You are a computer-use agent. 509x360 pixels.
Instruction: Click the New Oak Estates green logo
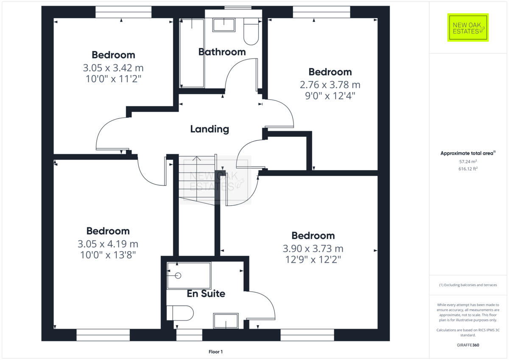(468, 28)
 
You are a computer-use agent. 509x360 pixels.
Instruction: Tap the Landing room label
(210, 129)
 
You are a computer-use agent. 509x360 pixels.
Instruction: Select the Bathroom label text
(222, 52)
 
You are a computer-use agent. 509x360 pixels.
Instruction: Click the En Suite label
(206, 293)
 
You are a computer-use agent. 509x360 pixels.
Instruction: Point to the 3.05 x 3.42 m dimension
(113, 67)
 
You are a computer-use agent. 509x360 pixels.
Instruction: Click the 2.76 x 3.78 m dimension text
(330, 84)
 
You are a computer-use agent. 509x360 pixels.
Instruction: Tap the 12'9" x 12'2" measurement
(313, 259)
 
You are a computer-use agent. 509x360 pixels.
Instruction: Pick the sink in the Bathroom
(224, 25)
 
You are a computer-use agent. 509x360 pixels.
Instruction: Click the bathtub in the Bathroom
(192, 53)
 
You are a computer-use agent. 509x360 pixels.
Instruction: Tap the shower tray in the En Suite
(189, 276)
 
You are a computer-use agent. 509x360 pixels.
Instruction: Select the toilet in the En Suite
(181, 313)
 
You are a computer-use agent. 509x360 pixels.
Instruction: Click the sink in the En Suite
(226, 321)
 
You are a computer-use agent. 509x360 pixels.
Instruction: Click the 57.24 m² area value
(468, 162)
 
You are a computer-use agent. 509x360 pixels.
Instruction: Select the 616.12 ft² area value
(468, 169)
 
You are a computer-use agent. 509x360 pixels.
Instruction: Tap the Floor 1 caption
(215, 352)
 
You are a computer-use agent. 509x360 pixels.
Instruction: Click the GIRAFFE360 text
(468, 345)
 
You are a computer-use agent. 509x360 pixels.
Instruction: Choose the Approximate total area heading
(468, 153)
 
